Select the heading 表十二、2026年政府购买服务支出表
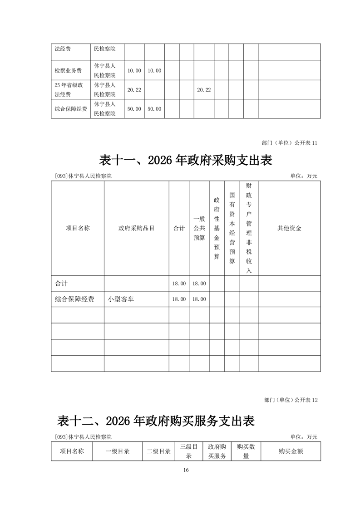156,421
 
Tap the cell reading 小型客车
121,299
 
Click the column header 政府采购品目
136,228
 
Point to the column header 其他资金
289,228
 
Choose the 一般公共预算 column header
199,228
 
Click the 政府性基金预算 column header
217,228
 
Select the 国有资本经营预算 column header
232,228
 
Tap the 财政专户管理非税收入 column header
249,228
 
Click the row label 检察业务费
68,71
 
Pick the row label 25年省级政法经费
68,90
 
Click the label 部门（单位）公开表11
290,143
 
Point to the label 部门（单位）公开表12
290,400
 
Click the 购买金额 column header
291,451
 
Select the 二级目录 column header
159,451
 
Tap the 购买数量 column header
246,451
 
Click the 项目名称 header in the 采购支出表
78,228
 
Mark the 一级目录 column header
118,451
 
